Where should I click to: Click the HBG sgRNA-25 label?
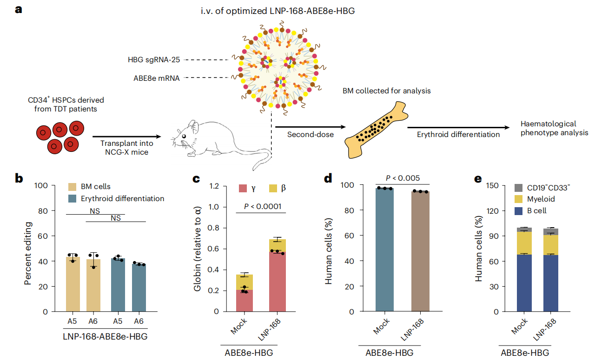point(154,59)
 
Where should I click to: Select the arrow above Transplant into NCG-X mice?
point(127,137)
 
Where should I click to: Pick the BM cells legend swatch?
point(73,187)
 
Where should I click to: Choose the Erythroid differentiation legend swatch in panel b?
point(73,198)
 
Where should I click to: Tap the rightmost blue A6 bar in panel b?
point(139,288)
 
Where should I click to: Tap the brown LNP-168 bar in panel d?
point(420,251)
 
